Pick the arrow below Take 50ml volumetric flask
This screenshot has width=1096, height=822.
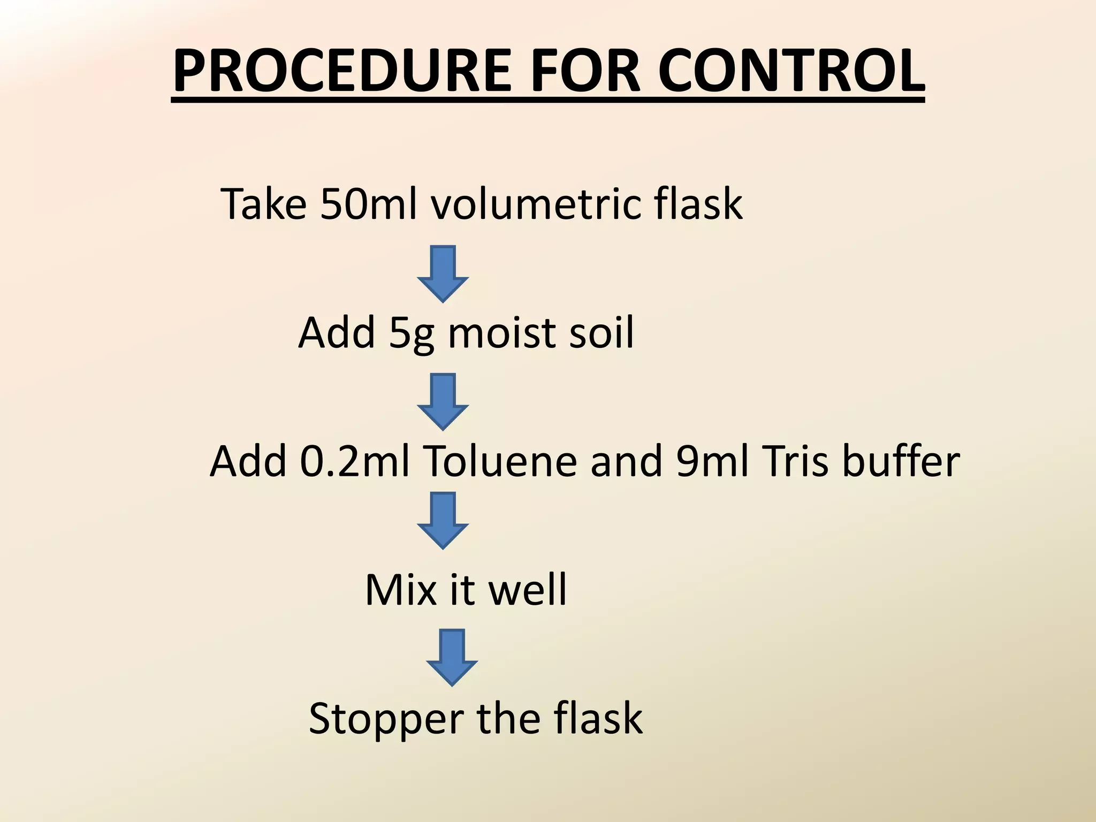443,273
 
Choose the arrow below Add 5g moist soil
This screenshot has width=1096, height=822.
443,401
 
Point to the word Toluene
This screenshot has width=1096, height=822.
500,461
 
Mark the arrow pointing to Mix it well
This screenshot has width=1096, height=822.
443,520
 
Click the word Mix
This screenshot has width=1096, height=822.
398,590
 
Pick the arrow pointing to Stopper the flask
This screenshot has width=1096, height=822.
452,657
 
